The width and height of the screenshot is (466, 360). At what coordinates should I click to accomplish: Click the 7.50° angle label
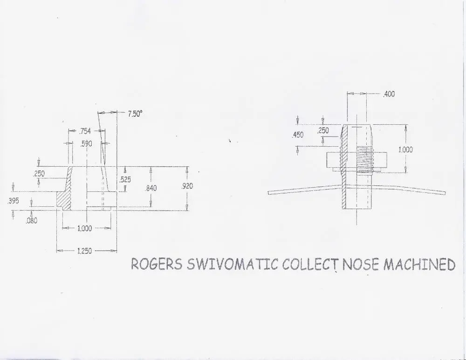click(x=135, y=114)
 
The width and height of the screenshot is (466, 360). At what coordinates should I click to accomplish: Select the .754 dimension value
click(x=85, y=131)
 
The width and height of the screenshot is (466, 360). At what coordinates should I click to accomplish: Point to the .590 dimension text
click(x=86, y=144)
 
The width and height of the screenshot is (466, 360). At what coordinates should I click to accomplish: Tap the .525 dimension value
click(x=125, y=179)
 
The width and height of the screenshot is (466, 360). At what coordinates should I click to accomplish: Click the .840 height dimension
click(x=151, y=188)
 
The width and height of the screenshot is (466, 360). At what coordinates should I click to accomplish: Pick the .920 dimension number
click(x=187, y=186)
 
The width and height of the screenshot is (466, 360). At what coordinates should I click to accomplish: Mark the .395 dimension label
click(x=13, y=201)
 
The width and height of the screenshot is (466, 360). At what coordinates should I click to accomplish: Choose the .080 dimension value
click(x=32, y=220)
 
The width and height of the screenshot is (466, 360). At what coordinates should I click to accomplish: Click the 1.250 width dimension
click(x=84, y=251)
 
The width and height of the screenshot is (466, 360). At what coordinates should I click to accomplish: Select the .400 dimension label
click(x=389, y=94)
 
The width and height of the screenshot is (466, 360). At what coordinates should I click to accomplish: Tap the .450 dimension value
click(x=298, y=135)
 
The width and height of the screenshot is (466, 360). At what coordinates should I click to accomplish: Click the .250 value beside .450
click(x=323, y=130)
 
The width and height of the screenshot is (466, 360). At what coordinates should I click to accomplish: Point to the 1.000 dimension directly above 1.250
click(x=84, y=228)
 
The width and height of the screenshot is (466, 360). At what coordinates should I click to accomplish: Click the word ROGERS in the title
click(x=157, y=264)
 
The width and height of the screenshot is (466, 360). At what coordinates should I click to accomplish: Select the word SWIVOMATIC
click(x=233, y=264)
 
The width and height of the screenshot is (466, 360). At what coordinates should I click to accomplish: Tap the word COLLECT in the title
click(x=310, y=264)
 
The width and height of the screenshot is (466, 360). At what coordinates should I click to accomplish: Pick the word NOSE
click(x=361, y=264)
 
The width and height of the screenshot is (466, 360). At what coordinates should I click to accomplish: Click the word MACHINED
click(x=419, y=264)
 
